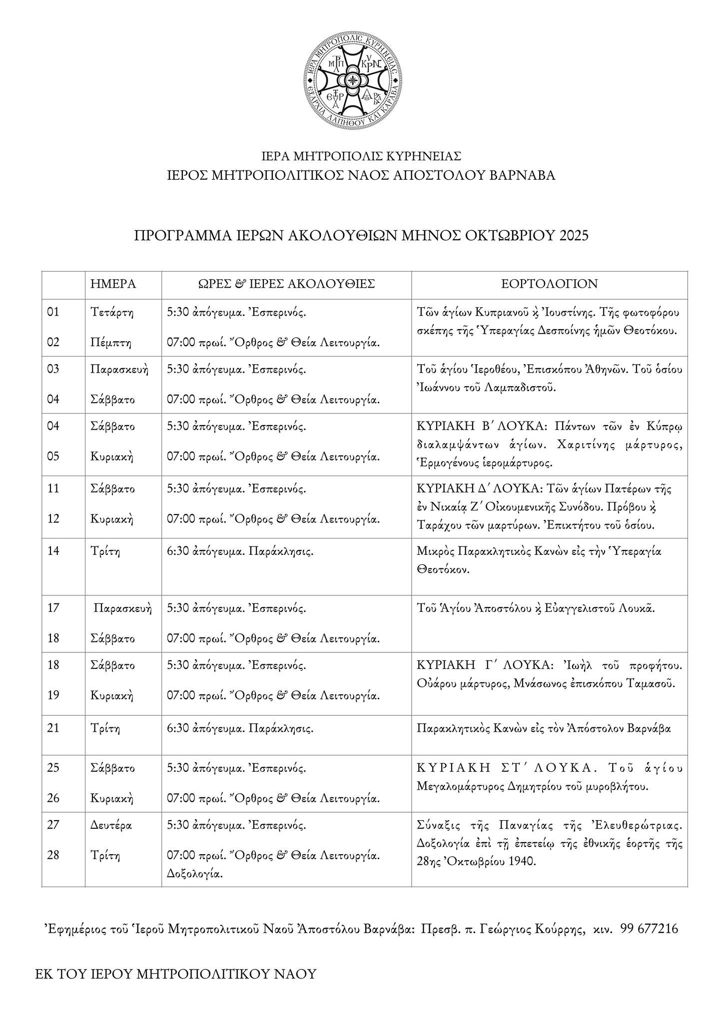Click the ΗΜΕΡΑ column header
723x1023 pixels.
pyautogui.click(x=113, y=284)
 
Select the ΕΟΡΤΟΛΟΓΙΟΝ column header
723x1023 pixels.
pyautogui.click(x=550, y=284)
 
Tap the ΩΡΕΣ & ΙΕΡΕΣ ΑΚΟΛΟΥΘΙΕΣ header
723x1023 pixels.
pyautogui.click(x=286, y=284)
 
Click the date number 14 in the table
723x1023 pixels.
pyautogui.click(x=53, y=551)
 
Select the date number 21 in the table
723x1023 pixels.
pyautogui.click(x=53, y=728)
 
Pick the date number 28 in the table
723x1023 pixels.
pyautogui.click(x=53, y=855)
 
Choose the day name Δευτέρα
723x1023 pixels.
pyautogui.click(x=111, y=825)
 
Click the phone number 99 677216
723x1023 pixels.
pyautogui.click(x=649, y=929)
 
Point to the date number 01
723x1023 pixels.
pyautogui.click(x=53, y=312)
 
